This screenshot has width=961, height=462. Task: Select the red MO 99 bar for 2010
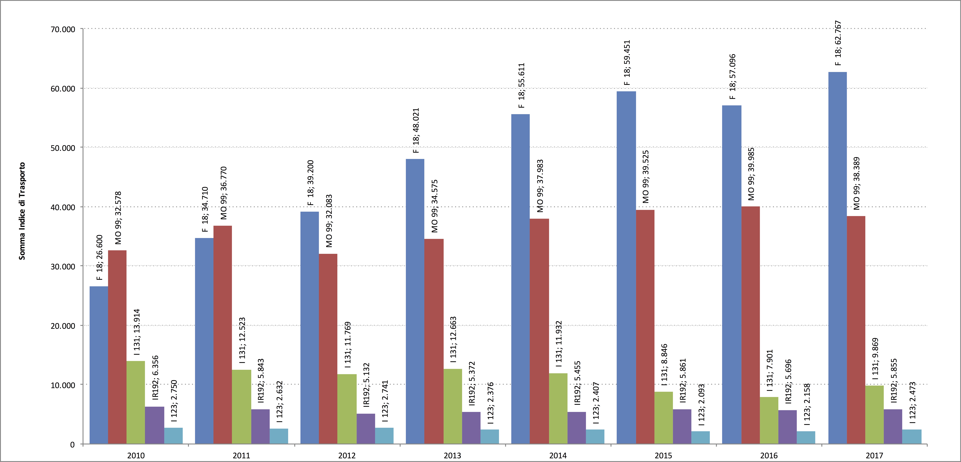(x=117, y=347)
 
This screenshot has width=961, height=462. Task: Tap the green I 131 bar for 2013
(x=453, y=406)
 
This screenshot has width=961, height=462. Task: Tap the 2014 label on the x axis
(x=558, y=455)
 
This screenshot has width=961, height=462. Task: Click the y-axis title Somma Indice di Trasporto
(x=22, y=211)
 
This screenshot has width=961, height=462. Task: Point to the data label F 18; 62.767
(x=838, y=43)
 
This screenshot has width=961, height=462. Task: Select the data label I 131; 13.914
(x=137, y=332)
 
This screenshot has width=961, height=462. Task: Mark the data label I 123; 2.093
(x=701, y=405)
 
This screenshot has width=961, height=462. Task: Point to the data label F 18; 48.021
(x=416, y=130)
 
